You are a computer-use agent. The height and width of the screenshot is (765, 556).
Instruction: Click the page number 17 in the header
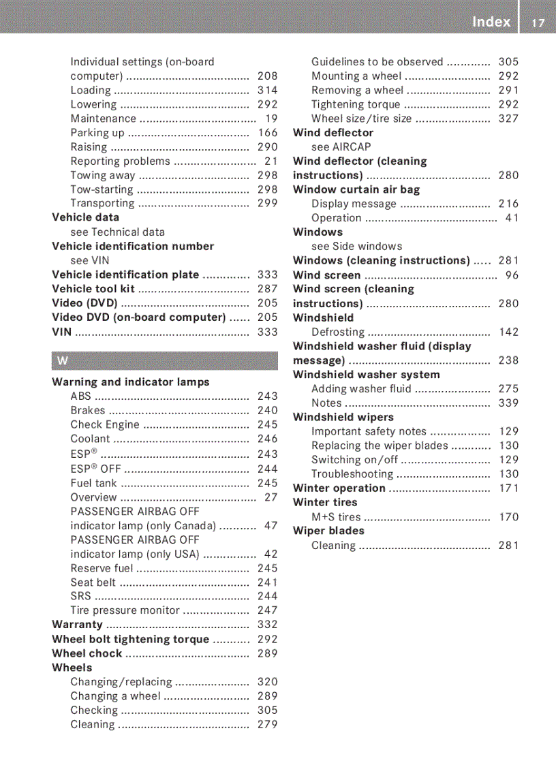tap(538, 22)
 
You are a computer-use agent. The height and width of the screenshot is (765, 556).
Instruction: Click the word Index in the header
tap(491, 22)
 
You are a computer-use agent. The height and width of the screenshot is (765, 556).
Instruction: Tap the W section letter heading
tap(63, 361)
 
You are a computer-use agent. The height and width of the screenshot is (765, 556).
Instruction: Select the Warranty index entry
tap(77, 625)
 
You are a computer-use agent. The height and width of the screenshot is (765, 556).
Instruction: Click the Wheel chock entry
tap(87, 653)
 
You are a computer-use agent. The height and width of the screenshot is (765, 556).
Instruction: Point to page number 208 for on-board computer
tap(267, 76)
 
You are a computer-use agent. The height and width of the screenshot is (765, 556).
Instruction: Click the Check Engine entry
tap(105, 424)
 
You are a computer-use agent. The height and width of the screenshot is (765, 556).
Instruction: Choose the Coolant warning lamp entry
tap(90, 439)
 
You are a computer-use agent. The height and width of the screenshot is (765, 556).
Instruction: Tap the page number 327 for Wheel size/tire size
tap(508, 119)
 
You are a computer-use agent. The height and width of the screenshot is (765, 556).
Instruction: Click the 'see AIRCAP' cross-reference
tap(341, 146)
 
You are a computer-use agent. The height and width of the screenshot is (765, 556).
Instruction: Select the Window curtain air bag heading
tap(356, 189)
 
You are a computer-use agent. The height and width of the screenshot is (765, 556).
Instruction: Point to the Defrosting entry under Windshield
tap(338, 332)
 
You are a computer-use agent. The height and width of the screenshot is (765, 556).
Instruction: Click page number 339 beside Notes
tap(508, 403)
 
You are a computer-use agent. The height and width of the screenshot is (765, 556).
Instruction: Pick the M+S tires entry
tap(336, 517)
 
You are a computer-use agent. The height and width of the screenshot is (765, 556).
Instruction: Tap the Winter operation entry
tap(339, 488)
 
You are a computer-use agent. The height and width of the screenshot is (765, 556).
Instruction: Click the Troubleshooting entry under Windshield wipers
tap(352, 474)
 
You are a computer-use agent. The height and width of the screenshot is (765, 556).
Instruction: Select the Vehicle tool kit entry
tap(93, 289)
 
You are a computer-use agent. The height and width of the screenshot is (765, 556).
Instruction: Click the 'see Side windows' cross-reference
tap(356, 247)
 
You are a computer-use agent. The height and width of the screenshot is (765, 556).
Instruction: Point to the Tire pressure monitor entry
tap(125, 610)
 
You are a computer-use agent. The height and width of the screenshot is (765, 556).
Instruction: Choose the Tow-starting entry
tap(102, 189)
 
